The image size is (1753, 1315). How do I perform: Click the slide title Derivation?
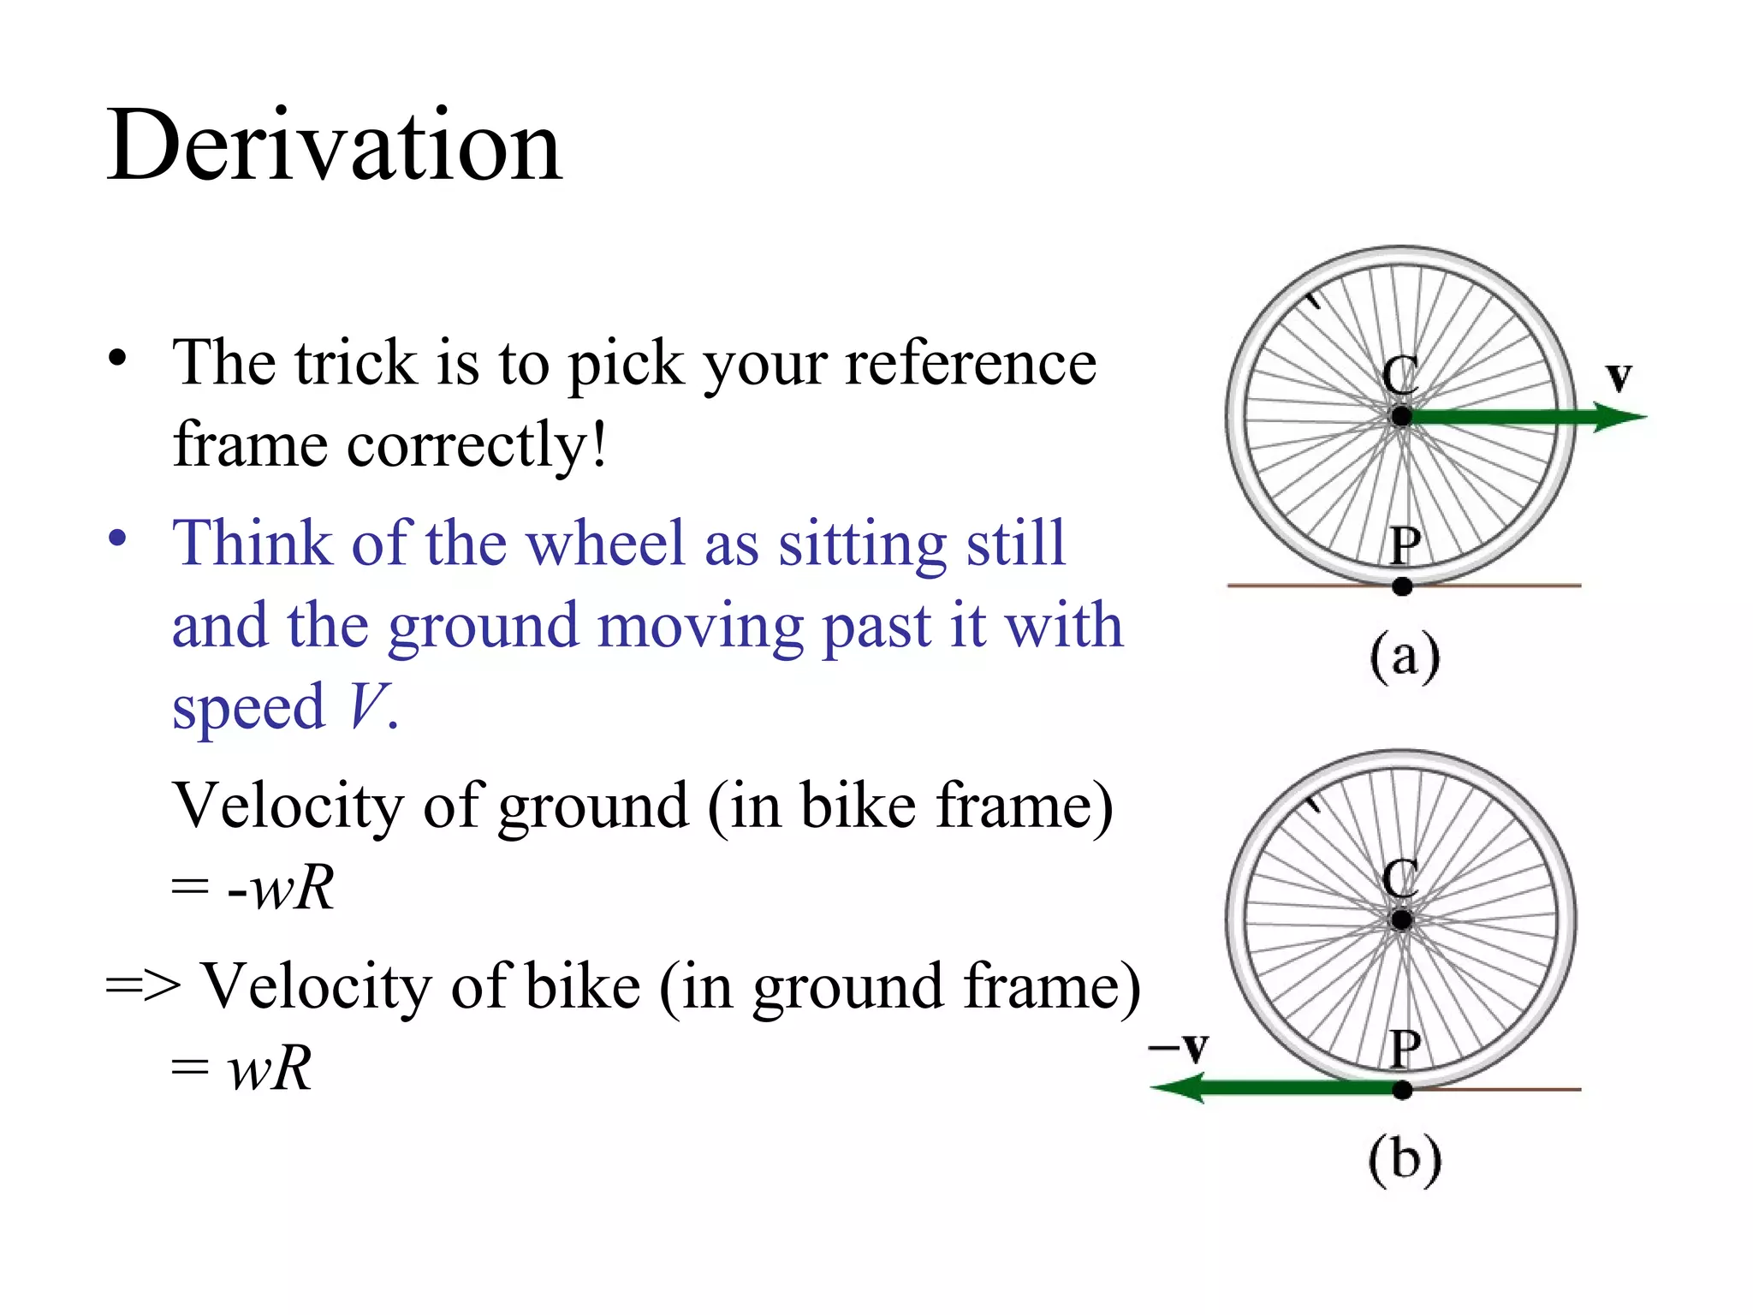tap(334, 146)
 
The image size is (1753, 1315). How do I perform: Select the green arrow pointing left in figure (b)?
tap(1275, 1089)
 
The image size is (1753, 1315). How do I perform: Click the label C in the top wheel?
tap(1400, 376)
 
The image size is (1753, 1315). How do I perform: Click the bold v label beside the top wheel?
tap(1619, 377)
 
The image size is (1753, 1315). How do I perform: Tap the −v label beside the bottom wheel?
tap(1179, 1046)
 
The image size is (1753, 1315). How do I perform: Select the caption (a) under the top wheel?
tap(1405, 657)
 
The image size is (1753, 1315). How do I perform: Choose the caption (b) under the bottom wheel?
tap(1405, 1160)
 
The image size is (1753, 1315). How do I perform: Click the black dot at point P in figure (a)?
tap(1402, 586)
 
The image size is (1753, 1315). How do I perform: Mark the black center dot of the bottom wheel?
tap(1401, 920)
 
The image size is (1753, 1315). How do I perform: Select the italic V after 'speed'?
tap(366, 707)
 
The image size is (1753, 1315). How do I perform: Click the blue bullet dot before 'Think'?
tap(117, 538)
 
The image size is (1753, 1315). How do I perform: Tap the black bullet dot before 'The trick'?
tap(117, 358)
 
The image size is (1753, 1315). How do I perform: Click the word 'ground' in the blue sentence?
tap(484, 626)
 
